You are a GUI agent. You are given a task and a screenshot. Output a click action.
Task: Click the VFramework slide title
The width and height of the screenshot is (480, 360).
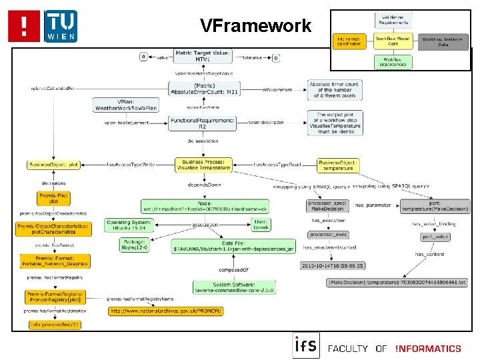coord(256,26)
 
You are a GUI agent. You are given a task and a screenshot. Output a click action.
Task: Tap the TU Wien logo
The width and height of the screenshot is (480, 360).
coord(60,26)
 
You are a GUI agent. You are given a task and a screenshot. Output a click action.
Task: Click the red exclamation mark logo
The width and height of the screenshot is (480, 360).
coord(25,26)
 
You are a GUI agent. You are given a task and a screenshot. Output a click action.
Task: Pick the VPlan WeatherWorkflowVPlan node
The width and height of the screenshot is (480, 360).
coord(126,105)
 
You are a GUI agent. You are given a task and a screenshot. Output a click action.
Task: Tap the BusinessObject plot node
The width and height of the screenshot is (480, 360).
coord(55,164)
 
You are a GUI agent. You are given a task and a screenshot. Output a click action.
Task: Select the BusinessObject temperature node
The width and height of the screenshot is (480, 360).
coord(338,164)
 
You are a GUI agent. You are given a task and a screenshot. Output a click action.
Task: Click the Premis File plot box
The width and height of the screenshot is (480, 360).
coord(53,198)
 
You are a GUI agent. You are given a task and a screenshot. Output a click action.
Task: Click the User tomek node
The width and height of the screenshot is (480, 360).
coord(260,225)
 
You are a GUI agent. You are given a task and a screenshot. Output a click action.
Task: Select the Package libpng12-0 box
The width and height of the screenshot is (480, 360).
coord(129,245)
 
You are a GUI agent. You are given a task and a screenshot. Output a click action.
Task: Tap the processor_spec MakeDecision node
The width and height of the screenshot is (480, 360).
coord(327,205)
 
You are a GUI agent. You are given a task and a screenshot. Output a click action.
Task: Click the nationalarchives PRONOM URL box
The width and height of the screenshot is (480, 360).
coord(166,311)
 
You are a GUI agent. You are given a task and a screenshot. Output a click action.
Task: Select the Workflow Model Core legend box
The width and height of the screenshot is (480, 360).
coord(393,42)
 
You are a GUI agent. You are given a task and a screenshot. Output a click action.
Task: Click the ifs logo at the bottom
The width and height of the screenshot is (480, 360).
coord(305,345)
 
